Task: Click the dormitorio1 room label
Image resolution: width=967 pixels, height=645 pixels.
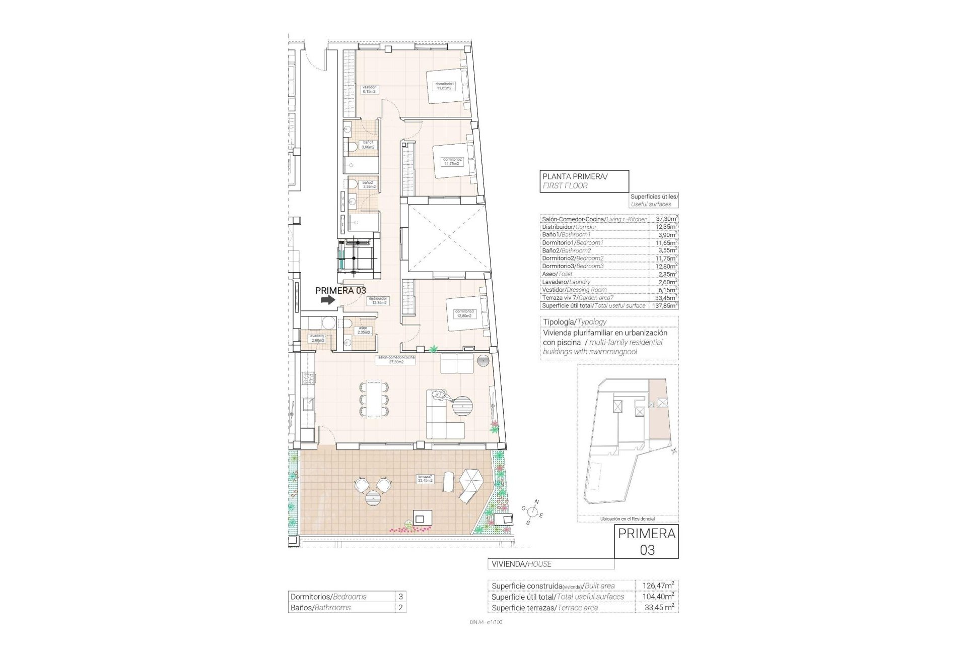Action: pos(445,86)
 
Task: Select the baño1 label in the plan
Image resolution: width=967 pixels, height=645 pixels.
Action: pos(368,145)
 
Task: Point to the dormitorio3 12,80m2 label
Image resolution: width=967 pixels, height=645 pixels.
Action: pos(463,313)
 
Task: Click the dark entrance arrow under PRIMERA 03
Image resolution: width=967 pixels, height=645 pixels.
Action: pos(328,299)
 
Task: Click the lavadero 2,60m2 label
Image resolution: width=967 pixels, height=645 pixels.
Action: pos(318,338)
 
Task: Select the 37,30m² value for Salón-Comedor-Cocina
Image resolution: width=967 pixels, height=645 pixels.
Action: pos(666,219)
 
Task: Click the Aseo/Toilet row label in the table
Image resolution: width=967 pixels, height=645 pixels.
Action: pos(558,274)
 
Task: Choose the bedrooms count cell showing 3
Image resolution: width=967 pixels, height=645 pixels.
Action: pos(400,596)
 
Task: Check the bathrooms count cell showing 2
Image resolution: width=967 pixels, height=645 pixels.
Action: pos(400,607)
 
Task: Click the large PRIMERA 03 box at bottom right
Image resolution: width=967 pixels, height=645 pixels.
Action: pos(646,541)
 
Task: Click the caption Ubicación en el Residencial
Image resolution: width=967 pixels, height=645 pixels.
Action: pos(628,519)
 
